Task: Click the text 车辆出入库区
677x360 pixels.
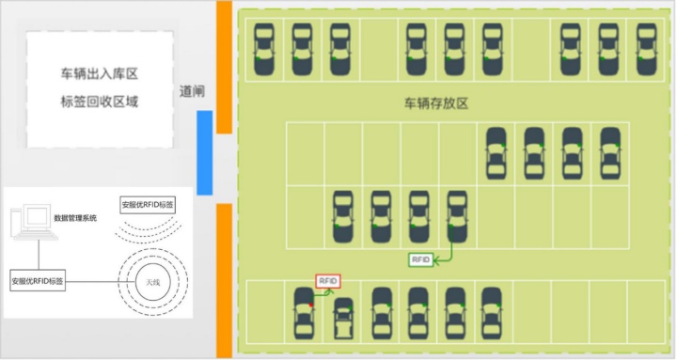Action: click(100, 73)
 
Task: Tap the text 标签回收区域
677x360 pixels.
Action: click(100, 102)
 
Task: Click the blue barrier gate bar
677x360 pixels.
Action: click(204, 152)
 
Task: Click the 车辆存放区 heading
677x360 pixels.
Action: click(435, 103)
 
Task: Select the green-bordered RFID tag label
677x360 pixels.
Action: click(420, 259)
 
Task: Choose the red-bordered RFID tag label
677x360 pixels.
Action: click(327, 281)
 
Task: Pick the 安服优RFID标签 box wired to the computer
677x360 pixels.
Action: click(39, 280)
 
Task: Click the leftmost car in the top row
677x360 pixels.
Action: click(266, 50)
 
